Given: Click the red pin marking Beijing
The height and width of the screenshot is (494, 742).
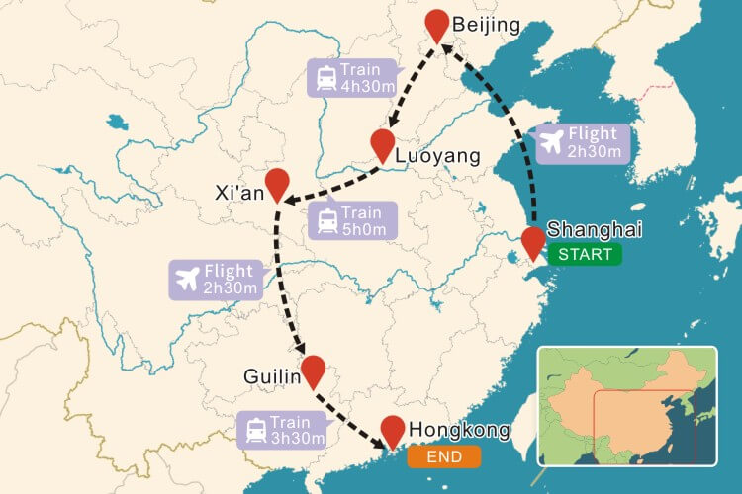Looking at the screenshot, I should pyautogui.click(x=436, y=24).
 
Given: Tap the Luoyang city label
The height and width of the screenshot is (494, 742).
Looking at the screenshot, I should pyautogui.click(x=436, y=156).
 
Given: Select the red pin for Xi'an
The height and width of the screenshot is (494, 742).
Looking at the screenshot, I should pyautogui.click(x=278, y=183).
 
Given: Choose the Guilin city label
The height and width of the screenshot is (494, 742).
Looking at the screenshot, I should pyautogui.click(x=270, y=376).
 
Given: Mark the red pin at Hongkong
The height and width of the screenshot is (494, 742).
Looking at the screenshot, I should pyautogui.click(x=393, y=431).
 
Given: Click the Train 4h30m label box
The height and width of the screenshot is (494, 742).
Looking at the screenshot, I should pyautogui.click(x=351, y=77).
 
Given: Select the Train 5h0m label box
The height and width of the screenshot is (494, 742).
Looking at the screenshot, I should pyautogui.click(x=352, y=219).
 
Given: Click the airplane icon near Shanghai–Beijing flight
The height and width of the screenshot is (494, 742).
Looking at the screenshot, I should pyautogui.click(x=549, y=142).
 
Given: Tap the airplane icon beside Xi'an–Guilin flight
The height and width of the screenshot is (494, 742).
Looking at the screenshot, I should pyautogui.click(x=185, y=279).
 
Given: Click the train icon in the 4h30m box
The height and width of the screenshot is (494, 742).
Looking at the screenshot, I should pyautogui.click(x=325, y=78).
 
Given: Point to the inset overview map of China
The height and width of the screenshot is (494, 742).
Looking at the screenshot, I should pyautogui.click(x=625, y=405).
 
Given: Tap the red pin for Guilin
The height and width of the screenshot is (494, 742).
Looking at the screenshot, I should pyautogui.click(x=314, y=370).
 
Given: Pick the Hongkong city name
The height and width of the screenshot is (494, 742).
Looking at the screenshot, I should pyautogui.click(x=459, y=430).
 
